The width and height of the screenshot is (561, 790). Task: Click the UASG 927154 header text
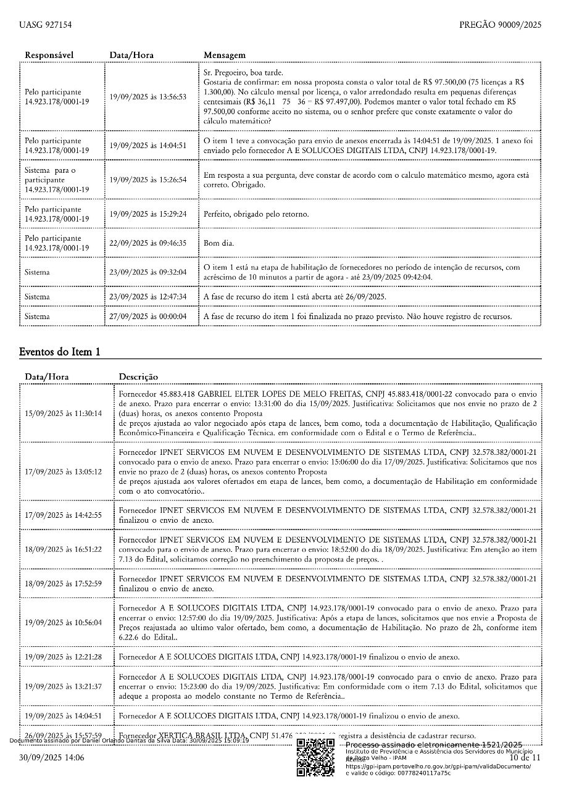(x=45, y=25)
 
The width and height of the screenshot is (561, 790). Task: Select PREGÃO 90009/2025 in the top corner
(x=500, y=25)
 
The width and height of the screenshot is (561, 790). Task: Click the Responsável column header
(x=49, y=56)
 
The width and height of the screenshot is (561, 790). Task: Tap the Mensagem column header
(x=225, y=56)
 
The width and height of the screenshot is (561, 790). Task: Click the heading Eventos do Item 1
(x=59, y=352)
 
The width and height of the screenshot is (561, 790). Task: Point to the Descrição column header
(x=138, y=376)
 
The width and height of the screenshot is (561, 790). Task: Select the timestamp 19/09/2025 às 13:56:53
(x=148, y=97)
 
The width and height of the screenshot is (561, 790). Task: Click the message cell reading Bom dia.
(x=219, y=243)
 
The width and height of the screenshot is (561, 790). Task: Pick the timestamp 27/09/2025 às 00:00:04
(x=148, y=317)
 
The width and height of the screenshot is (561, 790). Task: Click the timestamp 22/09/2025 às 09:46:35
(x=148, y=243)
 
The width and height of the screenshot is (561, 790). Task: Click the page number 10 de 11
(x=525, y=757)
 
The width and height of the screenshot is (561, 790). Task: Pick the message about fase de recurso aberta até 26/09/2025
(x=295, y=297)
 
